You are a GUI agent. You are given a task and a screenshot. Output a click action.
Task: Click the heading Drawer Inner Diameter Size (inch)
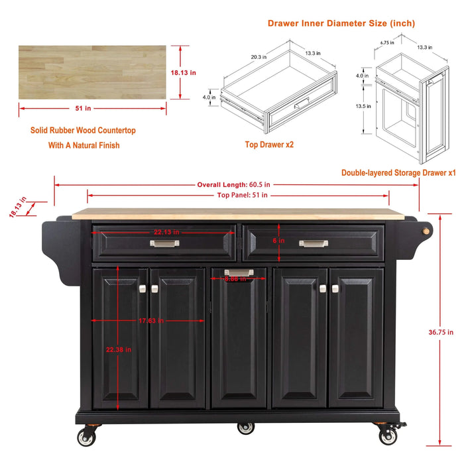341,23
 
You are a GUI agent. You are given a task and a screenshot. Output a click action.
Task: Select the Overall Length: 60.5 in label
231,184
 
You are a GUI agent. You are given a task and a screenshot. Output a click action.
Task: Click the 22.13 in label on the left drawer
166,231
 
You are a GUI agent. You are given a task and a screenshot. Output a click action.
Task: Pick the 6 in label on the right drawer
279,241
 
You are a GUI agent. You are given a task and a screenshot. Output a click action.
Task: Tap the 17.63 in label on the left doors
151,321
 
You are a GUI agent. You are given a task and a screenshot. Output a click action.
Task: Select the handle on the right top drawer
313,243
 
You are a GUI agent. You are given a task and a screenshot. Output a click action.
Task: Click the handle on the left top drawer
164,243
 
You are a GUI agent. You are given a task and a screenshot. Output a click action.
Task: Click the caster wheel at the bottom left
86,437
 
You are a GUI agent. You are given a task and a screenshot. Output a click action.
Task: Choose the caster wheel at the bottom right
388,436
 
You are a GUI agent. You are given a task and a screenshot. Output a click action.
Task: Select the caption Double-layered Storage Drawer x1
398,172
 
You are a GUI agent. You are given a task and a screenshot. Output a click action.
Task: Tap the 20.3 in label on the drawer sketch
259,57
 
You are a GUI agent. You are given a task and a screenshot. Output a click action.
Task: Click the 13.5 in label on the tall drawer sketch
362,105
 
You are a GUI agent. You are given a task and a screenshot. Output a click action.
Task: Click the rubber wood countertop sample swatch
92,72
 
